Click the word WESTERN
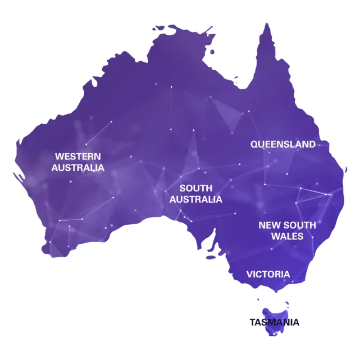point(78,156)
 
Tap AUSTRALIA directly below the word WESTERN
point(78,167)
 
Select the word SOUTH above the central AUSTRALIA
point(195,188)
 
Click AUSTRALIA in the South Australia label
point(195,199)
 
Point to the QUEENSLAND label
point(283,144)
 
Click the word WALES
point(287,236)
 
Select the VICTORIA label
point(268,275)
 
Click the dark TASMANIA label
point(275,321)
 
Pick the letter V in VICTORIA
point(249,275)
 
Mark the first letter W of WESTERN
point(58,156)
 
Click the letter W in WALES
point(275,236)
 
